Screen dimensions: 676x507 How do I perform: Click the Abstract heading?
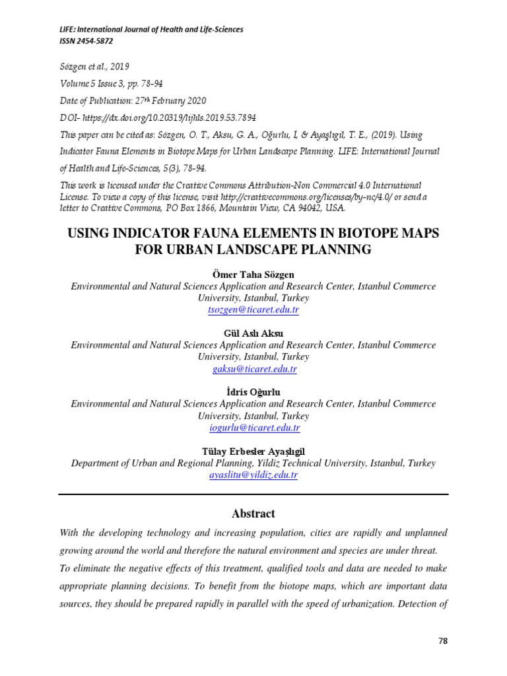click(253, 514)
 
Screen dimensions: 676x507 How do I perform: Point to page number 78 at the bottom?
click(442, 640)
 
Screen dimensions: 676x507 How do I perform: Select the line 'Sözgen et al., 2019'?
click(94, 67)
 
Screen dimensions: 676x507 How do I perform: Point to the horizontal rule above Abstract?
click(253, 494)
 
